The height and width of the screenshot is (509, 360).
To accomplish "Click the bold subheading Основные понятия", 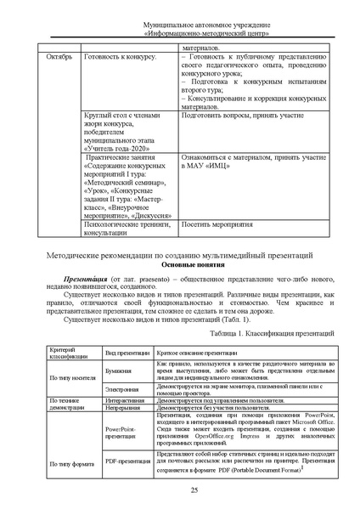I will click(180, 265).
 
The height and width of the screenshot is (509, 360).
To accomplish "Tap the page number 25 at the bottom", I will click(180, 491).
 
